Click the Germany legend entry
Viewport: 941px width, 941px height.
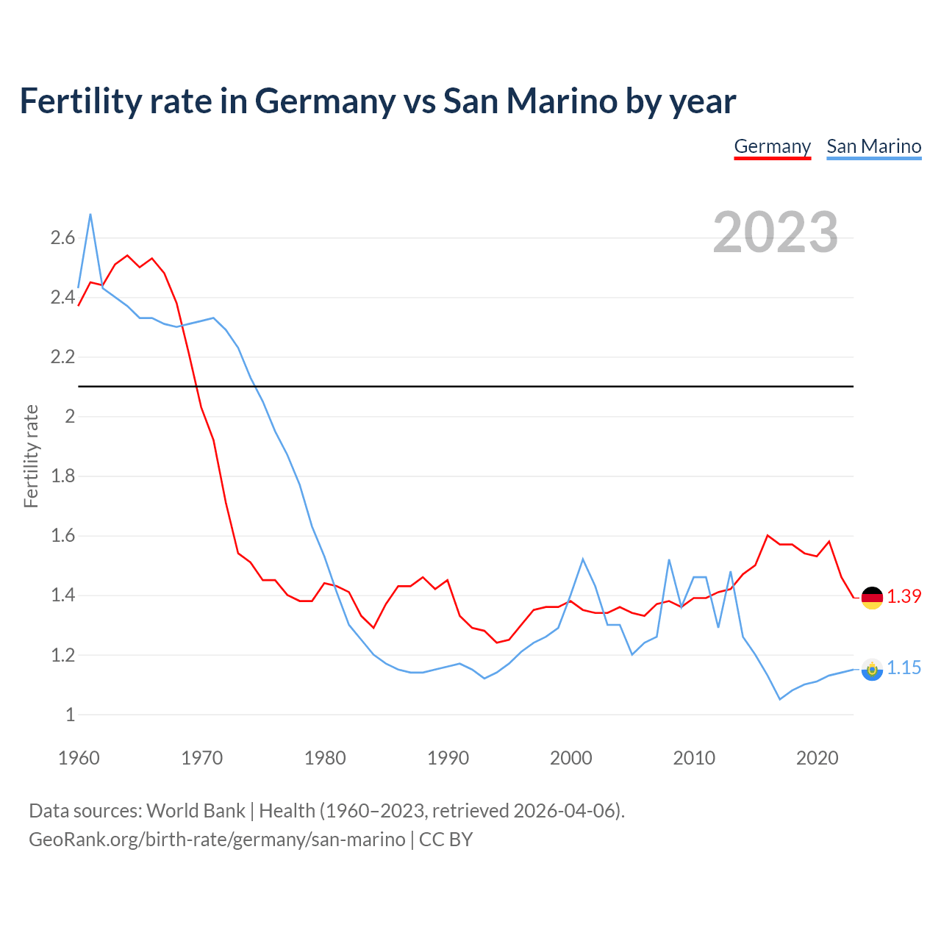[x=772, y=146]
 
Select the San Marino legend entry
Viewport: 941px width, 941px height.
[x=873, y=146]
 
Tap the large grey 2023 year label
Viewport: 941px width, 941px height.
[x=775, y=232]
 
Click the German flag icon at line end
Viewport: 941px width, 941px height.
[x=872, y=598]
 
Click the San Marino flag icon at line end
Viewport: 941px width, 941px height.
[x=872, y=669]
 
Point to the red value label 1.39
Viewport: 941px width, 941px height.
[x=904, y=596]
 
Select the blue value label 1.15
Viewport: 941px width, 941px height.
[x=904, y=668]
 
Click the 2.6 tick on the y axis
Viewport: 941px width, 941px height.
[x=62, y=237]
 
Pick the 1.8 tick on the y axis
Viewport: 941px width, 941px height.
[x=62, y=476]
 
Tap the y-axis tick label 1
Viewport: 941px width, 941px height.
[x=71, y=715]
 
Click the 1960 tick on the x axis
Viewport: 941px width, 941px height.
[x=79, y=758]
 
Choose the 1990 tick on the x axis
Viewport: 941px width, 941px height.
[x=448, y=758]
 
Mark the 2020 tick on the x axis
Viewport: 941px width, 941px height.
[x=817, y=758]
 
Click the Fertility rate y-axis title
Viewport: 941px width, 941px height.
[x=31, y=456]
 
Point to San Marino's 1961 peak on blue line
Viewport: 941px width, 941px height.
[x=90, y=214]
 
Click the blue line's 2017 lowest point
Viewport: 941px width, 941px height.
[x=780, y=699]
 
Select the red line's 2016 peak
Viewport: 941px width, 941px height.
[x=768, y=535]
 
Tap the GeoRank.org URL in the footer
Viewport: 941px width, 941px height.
[x=217, y=840]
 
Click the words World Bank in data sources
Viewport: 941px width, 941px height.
[x=196, y=811]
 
